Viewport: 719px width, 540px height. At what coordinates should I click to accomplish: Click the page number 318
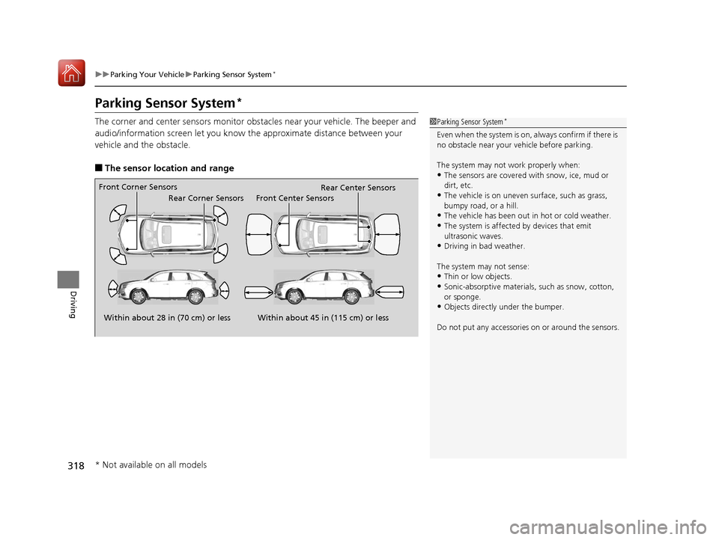[x=74, y=466]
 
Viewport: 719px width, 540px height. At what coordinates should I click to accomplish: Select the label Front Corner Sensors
[x=138, y=187]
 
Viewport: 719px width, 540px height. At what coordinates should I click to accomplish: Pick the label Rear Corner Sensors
[x=206, y=198]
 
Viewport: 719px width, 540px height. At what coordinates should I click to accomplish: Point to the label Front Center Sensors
[x=294, y=198]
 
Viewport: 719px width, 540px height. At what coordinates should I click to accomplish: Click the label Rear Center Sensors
[x=357, y=188]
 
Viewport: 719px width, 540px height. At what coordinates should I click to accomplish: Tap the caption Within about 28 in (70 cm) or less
[x=166, y=318]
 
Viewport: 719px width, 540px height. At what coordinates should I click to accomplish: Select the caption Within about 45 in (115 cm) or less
[x=323, y=318]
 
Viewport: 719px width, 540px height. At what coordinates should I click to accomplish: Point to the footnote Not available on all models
[x=151, y=464]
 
